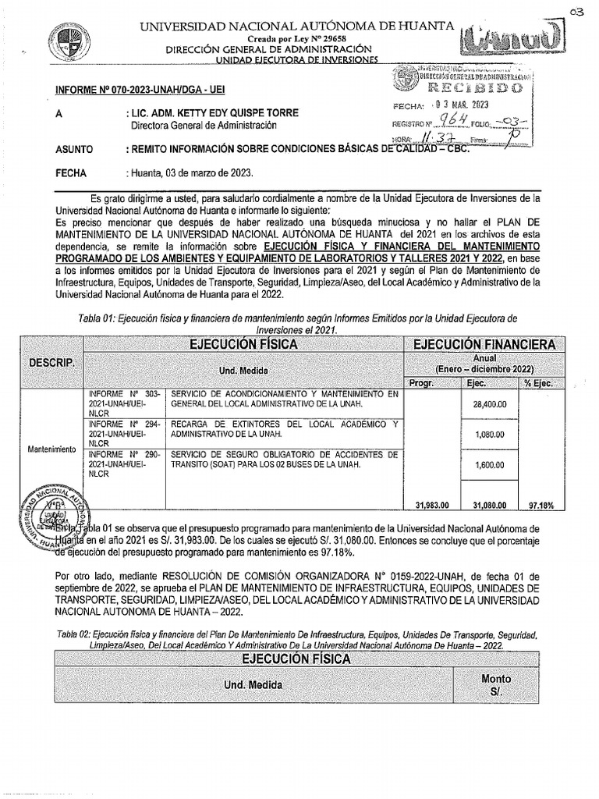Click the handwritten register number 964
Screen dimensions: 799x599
[453, 122]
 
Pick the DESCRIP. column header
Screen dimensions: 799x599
[51, 364]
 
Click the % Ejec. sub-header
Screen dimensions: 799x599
[539, 382]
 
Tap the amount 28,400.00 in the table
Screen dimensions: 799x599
[490, 405]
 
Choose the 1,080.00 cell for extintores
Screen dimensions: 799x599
[490, 434]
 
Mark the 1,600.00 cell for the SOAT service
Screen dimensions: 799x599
[490, 463]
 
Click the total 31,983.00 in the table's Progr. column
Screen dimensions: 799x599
[431, 505]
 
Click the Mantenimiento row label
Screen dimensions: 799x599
[51, 449]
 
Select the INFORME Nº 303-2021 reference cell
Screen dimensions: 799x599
[126, 403]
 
